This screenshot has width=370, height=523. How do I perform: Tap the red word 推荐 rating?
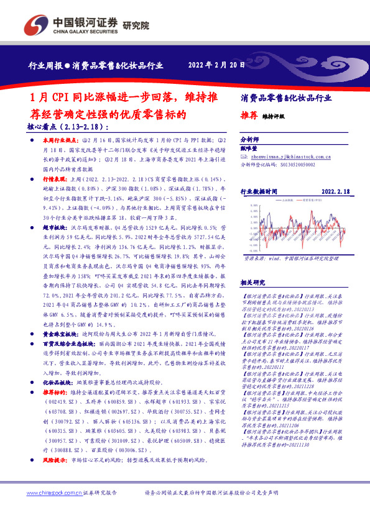248,115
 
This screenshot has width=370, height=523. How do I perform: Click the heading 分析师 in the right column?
248,141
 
